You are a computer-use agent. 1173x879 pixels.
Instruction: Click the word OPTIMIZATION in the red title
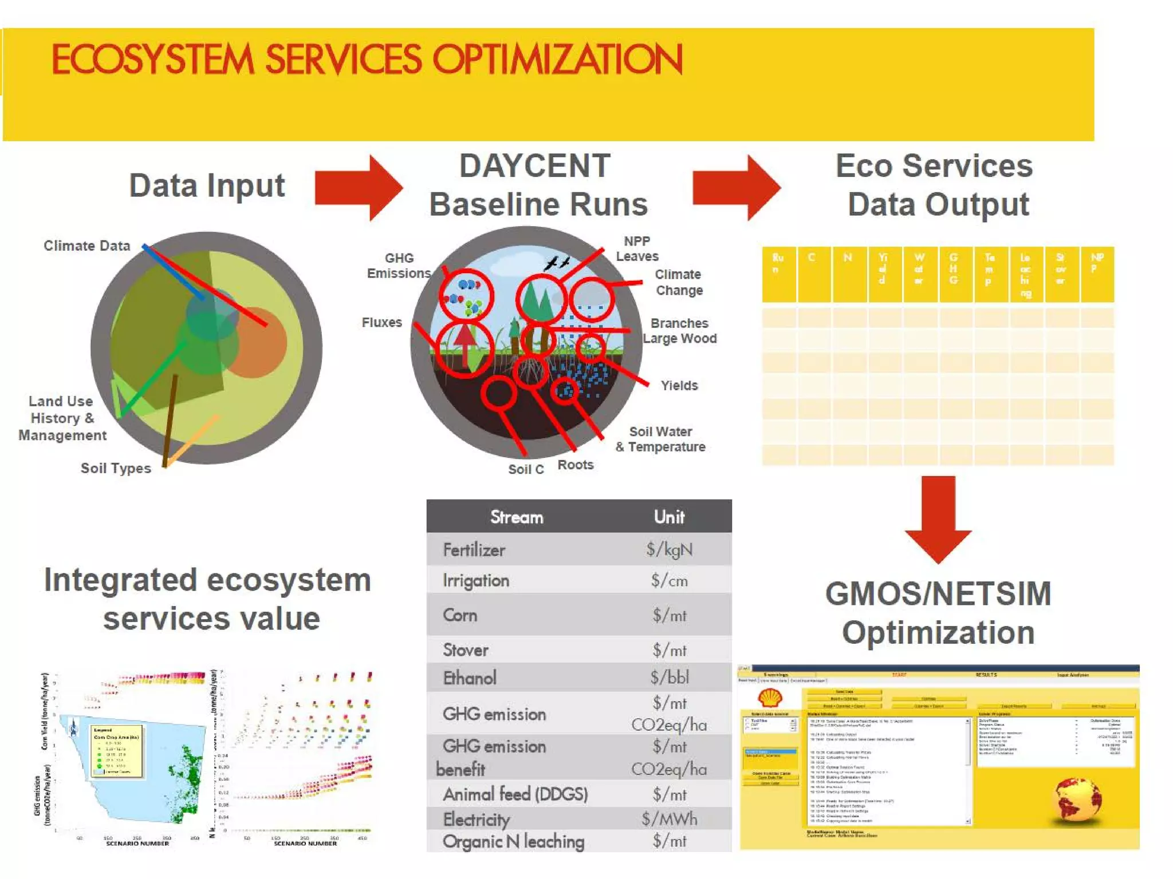[557, 59]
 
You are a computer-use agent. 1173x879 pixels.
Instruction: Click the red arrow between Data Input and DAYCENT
[359, 188]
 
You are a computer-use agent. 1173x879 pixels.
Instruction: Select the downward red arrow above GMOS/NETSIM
[938, 518]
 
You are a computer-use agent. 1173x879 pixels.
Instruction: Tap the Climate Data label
[87, 246]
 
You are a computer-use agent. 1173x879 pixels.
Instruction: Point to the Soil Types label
[116, 468]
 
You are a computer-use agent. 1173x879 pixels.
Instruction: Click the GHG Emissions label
[399, 266]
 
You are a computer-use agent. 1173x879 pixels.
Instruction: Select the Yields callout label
[679, 385]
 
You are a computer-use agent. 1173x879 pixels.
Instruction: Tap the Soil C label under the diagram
[526, 469]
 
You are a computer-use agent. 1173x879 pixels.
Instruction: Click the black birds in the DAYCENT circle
[557, 263]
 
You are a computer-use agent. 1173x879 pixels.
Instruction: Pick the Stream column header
[517, 517]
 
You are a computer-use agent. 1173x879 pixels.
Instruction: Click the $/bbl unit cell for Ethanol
[670, 678]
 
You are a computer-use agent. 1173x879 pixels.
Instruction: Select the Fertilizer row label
[474, 550]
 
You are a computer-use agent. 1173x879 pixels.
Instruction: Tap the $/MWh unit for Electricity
[670, 819]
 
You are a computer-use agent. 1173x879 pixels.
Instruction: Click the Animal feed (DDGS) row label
[515, 794]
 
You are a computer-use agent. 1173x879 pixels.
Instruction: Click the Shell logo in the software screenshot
[770, 698]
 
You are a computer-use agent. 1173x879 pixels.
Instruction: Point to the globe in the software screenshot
[1077, 799]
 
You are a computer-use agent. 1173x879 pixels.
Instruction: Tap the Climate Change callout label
[679, 282]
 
